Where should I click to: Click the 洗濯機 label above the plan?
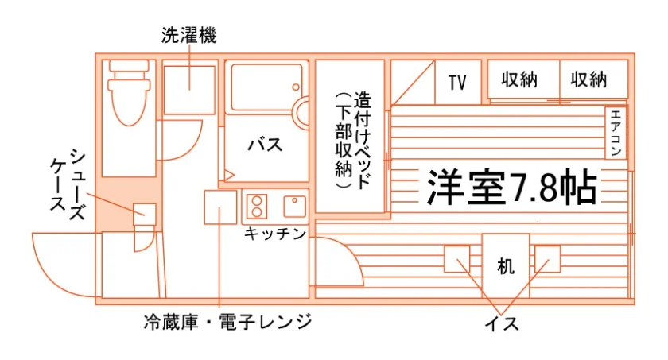188,35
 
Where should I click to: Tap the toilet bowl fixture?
130,93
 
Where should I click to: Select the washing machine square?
189,90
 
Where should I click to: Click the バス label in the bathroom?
265,145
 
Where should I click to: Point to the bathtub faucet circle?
296,87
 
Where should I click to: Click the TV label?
457,83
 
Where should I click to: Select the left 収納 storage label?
519,79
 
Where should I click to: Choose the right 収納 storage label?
588,79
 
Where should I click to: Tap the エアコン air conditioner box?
616,133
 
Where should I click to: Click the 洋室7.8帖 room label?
511,188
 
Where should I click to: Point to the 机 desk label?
506,266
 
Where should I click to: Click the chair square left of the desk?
457,259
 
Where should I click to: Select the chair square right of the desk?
547,259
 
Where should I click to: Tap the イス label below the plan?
502,324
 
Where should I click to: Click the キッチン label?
275,233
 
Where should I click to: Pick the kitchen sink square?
295,207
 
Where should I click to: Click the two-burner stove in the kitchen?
257,207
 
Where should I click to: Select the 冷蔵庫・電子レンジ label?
227,322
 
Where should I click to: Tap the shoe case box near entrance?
145,215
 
